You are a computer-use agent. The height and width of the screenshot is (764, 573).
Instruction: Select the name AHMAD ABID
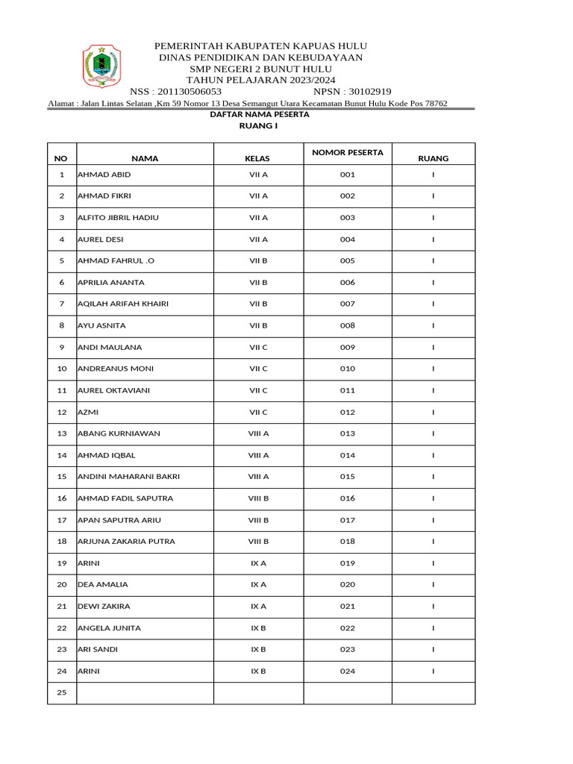104,175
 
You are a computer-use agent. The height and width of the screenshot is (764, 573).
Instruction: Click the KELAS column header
258,158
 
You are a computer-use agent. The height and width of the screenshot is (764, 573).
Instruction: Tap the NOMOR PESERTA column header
347,152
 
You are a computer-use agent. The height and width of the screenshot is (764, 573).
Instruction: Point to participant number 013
347,433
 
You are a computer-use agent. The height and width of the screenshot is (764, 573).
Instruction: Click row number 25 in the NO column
62,692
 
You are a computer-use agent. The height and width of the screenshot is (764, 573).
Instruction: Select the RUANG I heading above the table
258,127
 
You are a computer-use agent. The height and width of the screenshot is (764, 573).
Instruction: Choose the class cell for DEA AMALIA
258,584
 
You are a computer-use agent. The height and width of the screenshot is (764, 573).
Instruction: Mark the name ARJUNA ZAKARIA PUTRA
126,541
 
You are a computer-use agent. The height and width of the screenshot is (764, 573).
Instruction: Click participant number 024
347,671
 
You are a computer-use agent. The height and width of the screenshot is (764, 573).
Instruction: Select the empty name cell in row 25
145,693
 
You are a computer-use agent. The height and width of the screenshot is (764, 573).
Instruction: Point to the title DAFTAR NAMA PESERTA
258,115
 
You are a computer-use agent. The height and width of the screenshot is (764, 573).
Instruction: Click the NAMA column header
145,158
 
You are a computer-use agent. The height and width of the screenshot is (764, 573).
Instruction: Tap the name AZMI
88,412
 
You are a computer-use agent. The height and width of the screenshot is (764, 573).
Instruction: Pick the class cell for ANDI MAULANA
258,347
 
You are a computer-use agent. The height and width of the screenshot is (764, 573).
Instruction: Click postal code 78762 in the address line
435,103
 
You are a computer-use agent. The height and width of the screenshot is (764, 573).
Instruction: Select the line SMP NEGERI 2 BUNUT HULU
260,69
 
